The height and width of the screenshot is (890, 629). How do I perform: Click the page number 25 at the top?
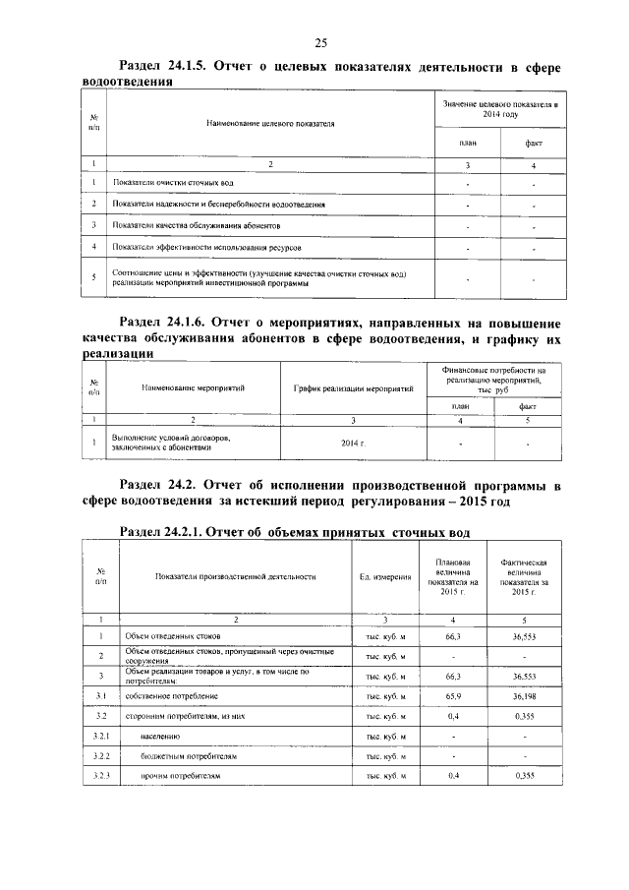tap(320, 41)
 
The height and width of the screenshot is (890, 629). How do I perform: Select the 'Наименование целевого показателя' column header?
tap(270, 125)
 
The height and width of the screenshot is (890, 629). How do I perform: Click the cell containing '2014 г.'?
tap(352, 445)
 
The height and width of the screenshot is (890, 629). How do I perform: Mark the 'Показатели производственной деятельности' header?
tap(235, 576)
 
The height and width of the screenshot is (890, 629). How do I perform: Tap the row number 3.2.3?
tap(101, 775)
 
